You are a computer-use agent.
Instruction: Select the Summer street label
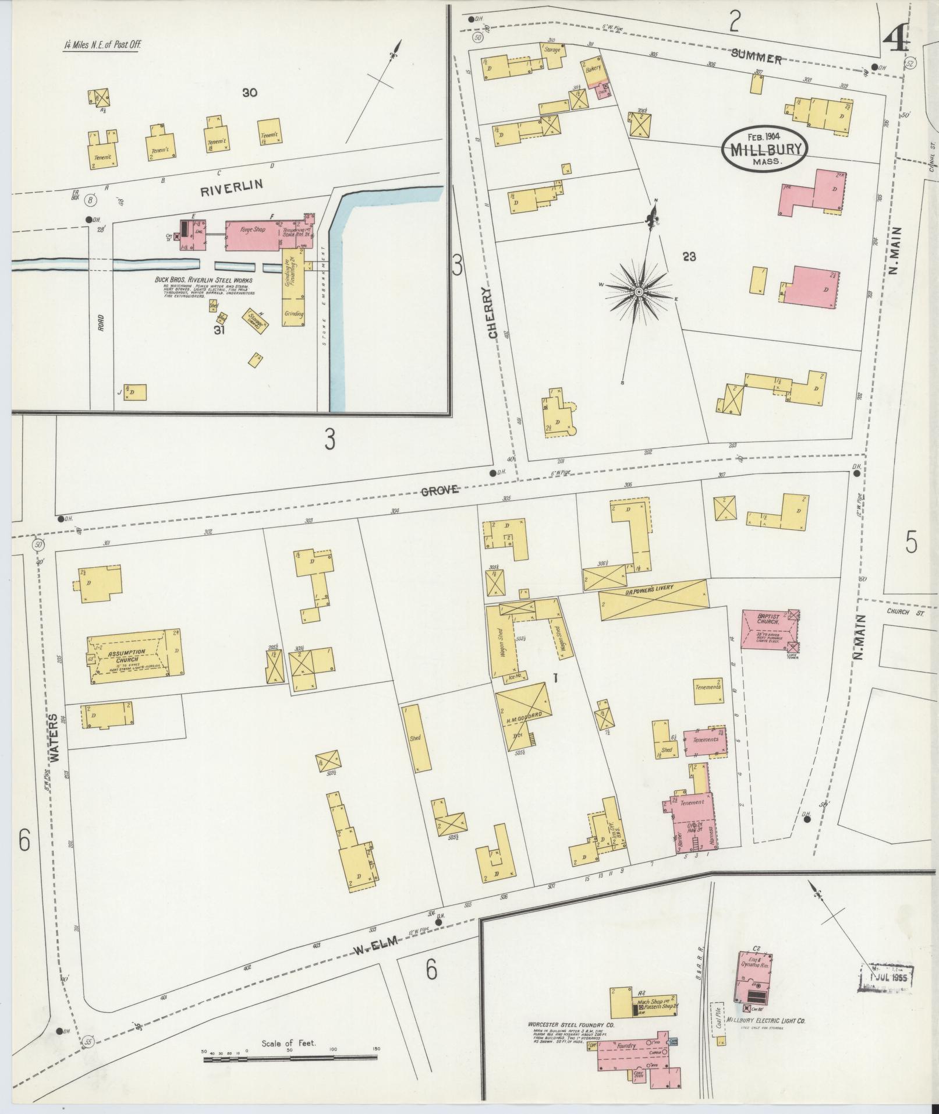point(756,58)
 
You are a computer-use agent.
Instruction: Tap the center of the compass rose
point(639,291)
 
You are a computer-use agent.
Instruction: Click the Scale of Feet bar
point(289,1058)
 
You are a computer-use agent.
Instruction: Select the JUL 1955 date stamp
point(887,977)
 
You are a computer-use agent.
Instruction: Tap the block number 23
point(689,256)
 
